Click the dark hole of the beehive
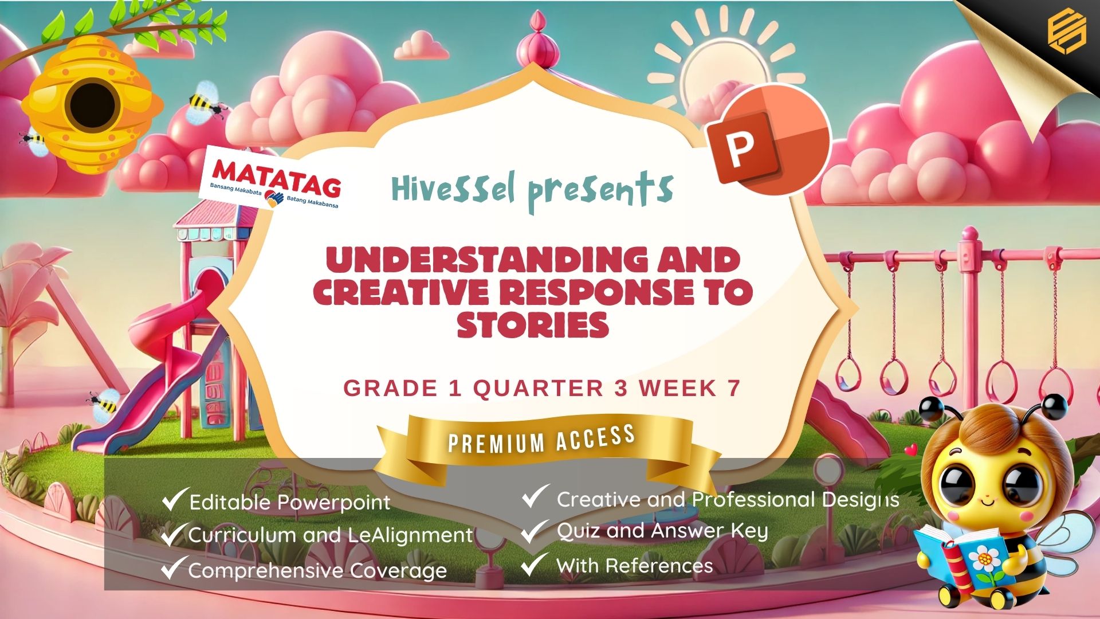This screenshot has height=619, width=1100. pos(92,107)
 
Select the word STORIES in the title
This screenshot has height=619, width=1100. pos(533,324)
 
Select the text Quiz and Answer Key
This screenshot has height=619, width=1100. pos(662,531)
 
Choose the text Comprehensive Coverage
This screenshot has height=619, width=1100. pos(317,571)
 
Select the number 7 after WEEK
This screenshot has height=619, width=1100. pos(734,389)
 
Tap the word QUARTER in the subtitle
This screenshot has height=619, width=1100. pos(539,389)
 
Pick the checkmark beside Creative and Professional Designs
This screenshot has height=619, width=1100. pos(535,496)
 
